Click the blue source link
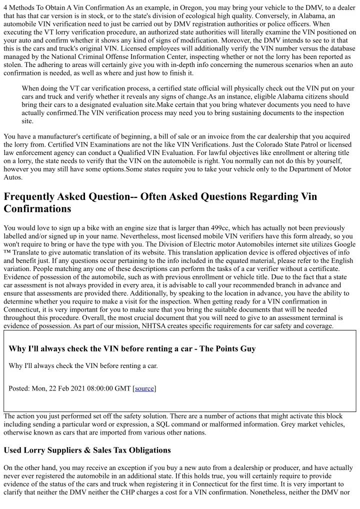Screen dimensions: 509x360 144,388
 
